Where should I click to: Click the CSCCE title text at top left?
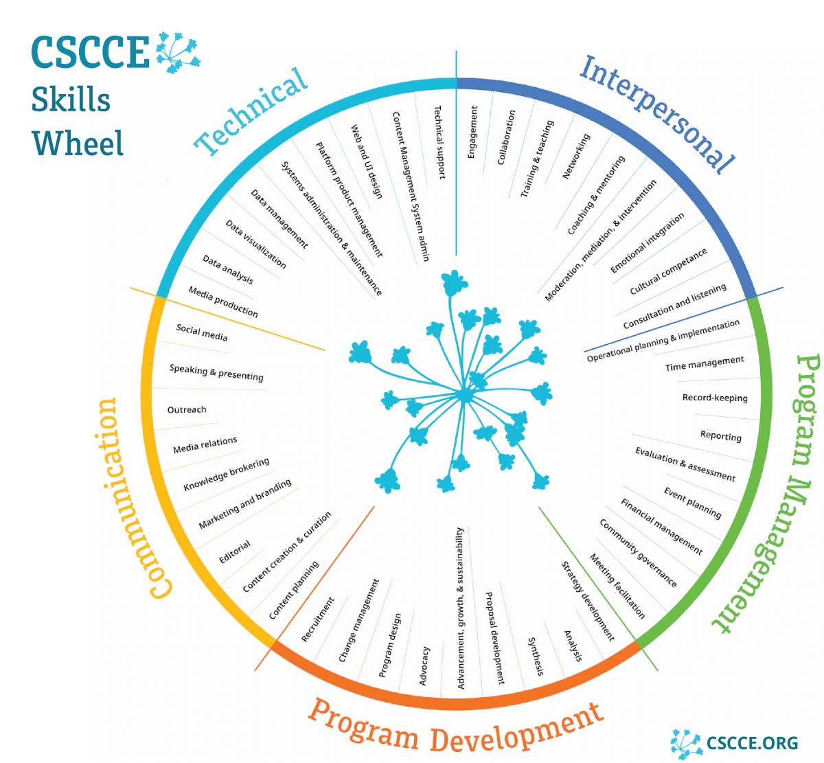(x=90, y=52)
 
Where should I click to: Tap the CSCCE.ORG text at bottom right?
(x=752, y=743)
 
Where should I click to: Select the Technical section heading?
(x=251, y=111)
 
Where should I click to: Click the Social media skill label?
(x=201, y=332)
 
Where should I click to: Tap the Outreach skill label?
(x=187, y=410)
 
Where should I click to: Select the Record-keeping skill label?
(x=715, y=398)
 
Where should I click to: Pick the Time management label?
(x=704, y=364)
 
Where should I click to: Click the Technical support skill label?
(x=439, y=142)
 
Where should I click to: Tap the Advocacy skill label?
(x=424, y=665)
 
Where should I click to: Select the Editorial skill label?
(x=235, y=552)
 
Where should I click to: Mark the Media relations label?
(x=205, y=445)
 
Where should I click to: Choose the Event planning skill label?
(x=692, y=503)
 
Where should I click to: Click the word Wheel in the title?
(x=78, y=144)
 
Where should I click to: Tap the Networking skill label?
(x=576, y=157)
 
